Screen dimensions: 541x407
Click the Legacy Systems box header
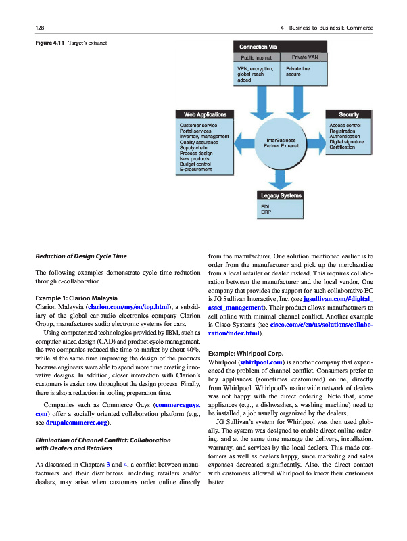[281, 195]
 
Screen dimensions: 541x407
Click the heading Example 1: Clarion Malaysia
[77, 298]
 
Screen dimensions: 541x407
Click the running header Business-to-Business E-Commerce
[331, 27]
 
